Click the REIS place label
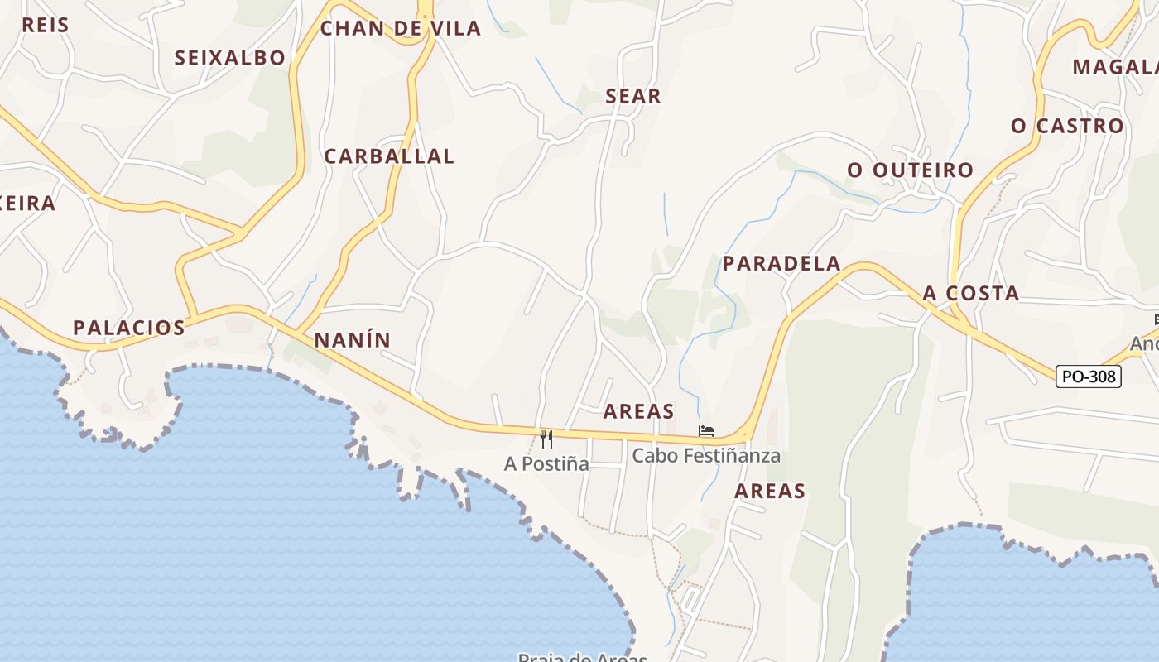pos(45,25)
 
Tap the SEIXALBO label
pos(229,58)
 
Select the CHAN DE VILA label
pos(400,29)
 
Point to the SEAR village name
pos(633,97)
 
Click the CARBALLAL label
pos(389,156)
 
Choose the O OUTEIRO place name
pos(910,170)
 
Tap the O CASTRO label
pos(1067,127)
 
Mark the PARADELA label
pos(781,264)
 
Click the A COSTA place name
pos(971,294)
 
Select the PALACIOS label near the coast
pos(129,328)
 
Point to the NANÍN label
pos(352,340)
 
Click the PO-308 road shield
pos(1089,377)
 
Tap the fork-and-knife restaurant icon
pos(546,439)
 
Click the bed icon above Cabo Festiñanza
pos(706,431)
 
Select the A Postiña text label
pos(546,464)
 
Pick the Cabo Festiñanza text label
pos(706,456)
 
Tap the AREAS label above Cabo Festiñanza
pos(638,411)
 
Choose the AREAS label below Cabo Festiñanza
pos(770,492)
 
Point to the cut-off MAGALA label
pos(1115,67)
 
